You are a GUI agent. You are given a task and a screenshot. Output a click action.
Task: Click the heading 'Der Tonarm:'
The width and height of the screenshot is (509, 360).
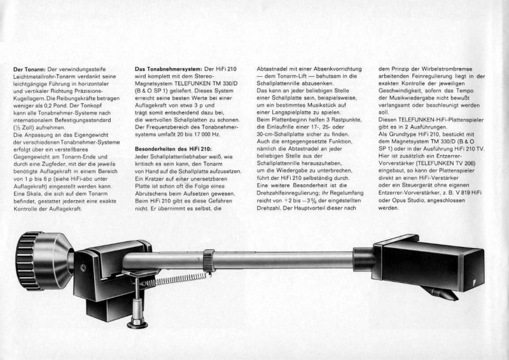(x=29, y=69)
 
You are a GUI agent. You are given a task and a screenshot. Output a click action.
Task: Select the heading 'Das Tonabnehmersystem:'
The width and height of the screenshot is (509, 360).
(x=167, y=69)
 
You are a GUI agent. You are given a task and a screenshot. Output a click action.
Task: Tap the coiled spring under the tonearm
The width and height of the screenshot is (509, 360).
(x=172, y=279)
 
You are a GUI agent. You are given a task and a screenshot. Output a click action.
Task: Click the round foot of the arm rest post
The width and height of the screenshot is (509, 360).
(x=137, y=323)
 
